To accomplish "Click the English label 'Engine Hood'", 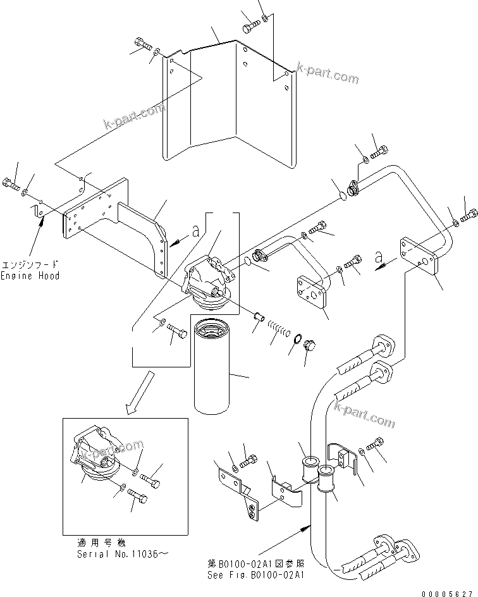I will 30,276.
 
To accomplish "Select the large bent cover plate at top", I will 228,101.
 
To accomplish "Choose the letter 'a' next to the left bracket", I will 195,232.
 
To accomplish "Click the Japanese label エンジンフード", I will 30,265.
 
